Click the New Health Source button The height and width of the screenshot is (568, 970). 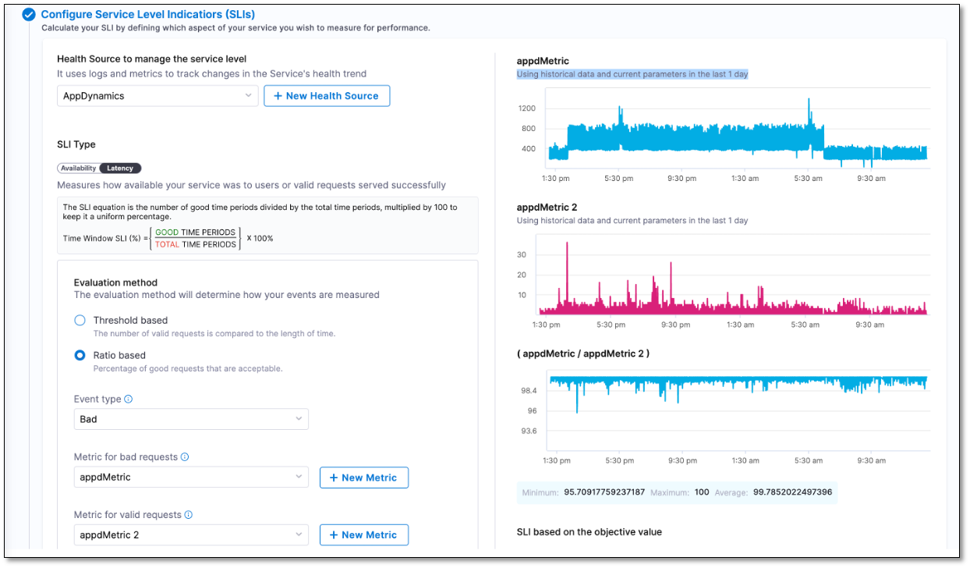pyautogui.click(x=327, y=96)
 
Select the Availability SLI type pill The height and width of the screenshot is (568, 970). pyautogui.click(x=79, y=168)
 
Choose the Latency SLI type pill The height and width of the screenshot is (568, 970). pyautogui.click(x=120, y=168)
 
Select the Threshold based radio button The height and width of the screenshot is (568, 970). pyautogui.click(x=80, y=320)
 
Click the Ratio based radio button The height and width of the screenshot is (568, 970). pyautogui.click(x=80, y=355)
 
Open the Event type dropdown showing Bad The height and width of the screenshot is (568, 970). pyautogui.click(x=191, y=419)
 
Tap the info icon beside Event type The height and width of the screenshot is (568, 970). pyautogui.click(x=129, y=399)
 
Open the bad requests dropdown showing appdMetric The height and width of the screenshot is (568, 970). pyautogui.click(x=191, y=477)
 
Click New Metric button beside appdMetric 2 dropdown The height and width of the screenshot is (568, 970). pyautogui.click(x=363, y=535)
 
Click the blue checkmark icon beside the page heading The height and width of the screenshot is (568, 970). pyautogui.click(x=29, y=14)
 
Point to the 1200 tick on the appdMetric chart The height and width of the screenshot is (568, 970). pyautogui.click(x=526, y=108)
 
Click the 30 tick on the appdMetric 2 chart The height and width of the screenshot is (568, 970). pyautogui.click(x=522, y=255)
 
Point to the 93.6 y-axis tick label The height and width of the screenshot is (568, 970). pyautogui.click(x=529, y=431)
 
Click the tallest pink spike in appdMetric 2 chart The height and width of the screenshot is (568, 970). pyautogui.click(x=567, y=244)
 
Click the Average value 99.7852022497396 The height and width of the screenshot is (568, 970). pyautogui.click(x=792, y=492)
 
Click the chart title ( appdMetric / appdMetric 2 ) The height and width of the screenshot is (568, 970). pyautogui.click(x=582, y=353)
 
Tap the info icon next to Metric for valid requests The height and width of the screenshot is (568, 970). pyautogui.click(x=189, y=515)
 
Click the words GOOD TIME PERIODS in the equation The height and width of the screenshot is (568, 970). pyautogui.click(x=195, y=233)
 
